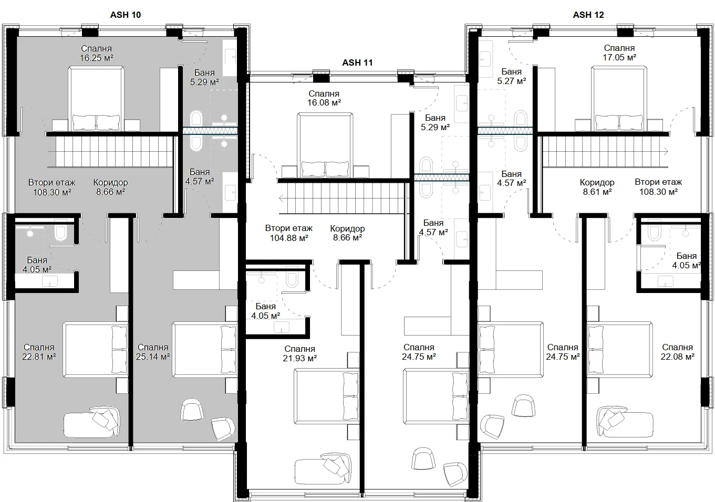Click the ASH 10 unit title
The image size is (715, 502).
[126, 15]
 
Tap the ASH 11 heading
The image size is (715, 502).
[357, 62]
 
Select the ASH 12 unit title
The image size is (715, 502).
[588, 15]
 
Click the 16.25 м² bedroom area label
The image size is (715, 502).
[96, 58]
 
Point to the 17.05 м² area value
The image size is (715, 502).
[619, 57]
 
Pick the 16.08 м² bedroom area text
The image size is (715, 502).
[324, 102]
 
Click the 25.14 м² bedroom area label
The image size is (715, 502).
[153, 357]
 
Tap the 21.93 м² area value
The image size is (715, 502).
[300, 358]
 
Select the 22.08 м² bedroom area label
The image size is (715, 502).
[677, 357]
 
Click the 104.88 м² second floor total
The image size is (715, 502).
[289, 238]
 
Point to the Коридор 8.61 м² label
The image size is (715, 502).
[597, 187]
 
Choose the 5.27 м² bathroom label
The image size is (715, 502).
[511, 81]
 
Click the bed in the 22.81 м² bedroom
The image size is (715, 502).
[96, 350]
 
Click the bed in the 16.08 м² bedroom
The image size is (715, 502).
[325, 145]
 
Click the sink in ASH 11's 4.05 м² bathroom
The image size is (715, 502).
[281, 327]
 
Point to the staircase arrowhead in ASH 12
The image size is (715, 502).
[666, 152]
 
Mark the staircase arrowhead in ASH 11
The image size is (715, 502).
[281, 198]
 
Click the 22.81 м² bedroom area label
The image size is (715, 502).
[39, 357]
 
